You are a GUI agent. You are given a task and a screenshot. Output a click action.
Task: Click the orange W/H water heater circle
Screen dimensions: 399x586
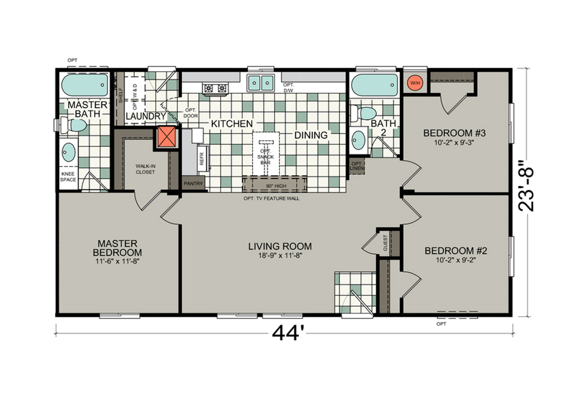tap(415, 82)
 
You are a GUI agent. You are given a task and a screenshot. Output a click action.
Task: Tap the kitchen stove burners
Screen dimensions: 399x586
tap(216, 88)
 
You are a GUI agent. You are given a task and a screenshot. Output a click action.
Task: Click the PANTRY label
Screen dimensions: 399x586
tap(193, 183)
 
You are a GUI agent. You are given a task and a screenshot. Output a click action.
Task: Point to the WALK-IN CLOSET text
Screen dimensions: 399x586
tap(145, 169)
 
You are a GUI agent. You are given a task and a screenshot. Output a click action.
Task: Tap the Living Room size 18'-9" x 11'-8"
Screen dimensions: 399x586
tap(279, 255)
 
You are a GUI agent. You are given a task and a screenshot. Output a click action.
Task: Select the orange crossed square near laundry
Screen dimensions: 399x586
tap(167, 137)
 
